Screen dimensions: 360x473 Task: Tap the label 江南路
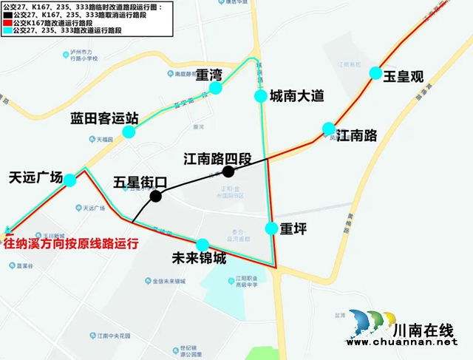coord(356,135)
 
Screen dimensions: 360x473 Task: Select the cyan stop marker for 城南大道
coord(260,96)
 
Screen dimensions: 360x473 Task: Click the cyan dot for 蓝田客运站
coord(129,132)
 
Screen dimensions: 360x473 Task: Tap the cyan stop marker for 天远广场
coord(70,180)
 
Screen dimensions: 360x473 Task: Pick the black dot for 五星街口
coord(155,196)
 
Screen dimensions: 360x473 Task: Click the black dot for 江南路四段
coord(228,171)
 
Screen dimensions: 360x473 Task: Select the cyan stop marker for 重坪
coord(271,228)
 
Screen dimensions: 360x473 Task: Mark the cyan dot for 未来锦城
coord(203,245)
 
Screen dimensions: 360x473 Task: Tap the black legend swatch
coord(6,14)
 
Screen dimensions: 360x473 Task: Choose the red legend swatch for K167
coord(6,23)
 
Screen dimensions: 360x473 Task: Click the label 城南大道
coord(296,96)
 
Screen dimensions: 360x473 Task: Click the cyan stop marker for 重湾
coord(217,89)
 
